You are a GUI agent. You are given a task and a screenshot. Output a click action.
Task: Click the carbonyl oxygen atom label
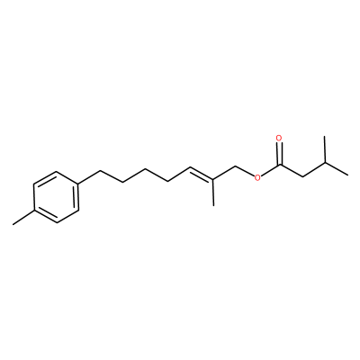point(279,139)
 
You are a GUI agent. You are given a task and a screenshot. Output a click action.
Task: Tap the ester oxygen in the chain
point(256,178)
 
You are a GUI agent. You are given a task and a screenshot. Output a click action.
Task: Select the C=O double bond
point(280,154)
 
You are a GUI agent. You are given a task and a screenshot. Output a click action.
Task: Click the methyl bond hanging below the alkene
point(213,193)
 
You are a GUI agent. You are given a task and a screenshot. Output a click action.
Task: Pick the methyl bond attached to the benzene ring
point(23,218)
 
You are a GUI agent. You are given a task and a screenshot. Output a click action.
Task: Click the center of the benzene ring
point(56,197)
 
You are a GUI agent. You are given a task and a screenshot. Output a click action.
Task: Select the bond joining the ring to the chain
point(89,177)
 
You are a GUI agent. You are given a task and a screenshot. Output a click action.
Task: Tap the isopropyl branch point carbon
point(325,162)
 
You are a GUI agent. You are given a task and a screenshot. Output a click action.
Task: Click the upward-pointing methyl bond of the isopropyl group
point(325,149)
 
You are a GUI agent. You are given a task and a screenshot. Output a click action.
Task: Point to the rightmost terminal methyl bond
point(337,168)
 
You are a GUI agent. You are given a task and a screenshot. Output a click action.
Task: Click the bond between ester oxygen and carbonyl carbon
point(271,171)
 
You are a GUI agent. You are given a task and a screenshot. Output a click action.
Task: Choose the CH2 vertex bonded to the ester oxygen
point(236,166)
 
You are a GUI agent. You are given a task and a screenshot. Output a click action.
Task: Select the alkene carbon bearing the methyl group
point(213,180)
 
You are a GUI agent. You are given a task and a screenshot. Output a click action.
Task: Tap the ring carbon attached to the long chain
point(78,184)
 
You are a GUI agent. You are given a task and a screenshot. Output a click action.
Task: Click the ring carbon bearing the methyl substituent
point(34,210)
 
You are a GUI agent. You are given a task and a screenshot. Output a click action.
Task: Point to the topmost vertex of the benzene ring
point(56,172)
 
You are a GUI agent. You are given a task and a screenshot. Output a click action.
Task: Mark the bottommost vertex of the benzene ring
point(57,223)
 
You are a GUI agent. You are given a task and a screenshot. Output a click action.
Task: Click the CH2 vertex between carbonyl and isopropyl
point(302,176)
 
